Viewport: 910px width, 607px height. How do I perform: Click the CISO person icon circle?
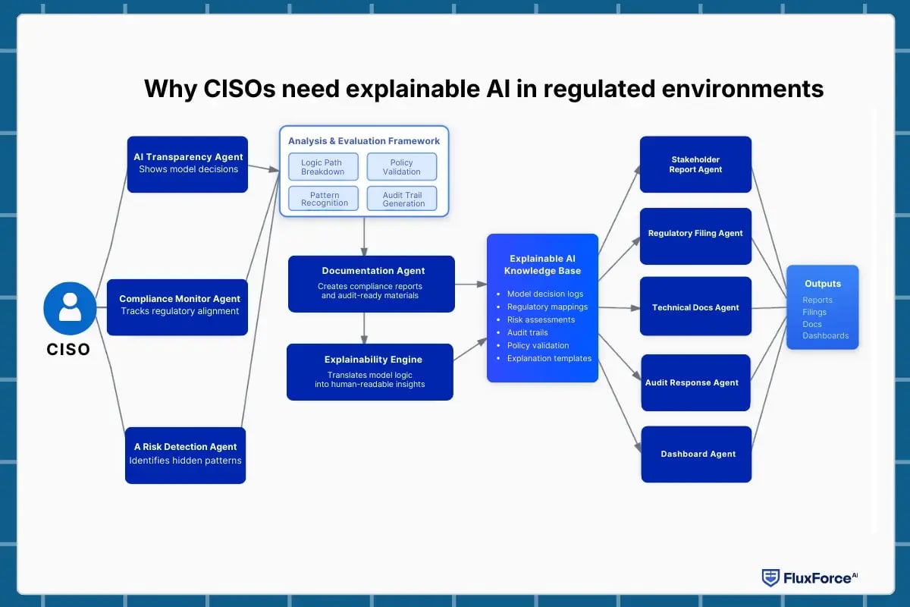70,308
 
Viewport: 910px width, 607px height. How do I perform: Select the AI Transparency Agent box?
187,164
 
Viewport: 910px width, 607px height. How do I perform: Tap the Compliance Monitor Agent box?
177,307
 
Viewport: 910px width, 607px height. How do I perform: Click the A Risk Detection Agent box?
185,454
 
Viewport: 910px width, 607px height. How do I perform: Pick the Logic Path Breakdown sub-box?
323,167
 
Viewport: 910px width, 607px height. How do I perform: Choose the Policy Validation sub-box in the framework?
401,167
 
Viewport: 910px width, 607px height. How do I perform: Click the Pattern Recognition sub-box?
323,199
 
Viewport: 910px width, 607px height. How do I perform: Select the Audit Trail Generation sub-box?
401,199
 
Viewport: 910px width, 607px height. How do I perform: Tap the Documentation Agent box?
372,284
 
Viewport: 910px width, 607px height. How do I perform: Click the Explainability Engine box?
370,372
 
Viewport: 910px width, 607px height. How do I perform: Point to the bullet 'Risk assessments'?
541,319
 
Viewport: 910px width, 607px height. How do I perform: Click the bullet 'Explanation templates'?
549,358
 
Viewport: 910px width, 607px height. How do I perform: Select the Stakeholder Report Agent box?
695,165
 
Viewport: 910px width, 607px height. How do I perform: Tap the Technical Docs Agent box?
695,307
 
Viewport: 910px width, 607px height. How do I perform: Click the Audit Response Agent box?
695,382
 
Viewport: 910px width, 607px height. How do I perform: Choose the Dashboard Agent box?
696,454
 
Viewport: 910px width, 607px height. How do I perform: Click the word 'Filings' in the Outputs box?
814,312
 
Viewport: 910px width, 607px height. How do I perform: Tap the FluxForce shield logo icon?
770,577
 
